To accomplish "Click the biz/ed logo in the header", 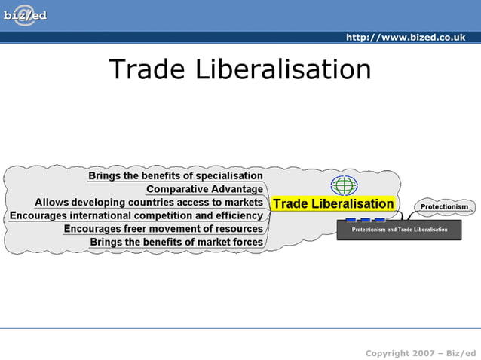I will tap(25, 15).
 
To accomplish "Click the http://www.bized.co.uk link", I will tap(405, 38).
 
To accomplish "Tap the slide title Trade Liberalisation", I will tap(240, 69).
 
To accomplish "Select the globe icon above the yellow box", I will tap(344, 185).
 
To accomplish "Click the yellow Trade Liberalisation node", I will tap(332, 203).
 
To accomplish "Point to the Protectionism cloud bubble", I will tap(444, 206).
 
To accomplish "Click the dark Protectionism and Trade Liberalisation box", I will tap(399, 229).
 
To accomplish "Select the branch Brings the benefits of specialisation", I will tap(176, 176).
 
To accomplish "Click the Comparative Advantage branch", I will tap(204, 189).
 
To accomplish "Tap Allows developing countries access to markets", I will tap(149, 203).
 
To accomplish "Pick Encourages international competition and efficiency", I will tap(136, 215).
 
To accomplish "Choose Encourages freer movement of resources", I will tap(163, 229).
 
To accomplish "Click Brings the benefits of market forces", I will tap(176, 242).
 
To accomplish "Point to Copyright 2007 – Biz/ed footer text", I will tap(420, 353).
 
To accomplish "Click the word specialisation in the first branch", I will tap(228, 176).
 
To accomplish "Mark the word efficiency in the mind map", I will tap(237, 215).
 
